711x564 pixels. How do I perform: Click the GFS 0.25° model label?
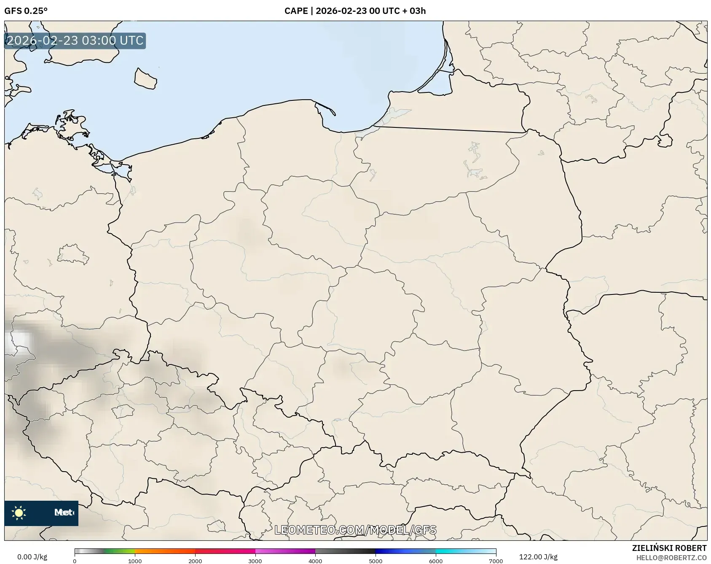26,11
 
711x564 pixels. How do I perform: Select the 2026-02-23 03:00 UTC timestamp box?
75,41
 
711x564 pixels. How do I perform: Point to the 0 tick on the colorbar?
75,561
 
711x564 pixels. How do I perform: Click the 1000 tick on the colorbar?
135,561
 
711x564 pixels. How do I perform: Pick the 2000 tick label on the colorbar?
195,561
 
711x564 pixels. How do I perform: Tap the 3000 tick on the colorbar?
255,561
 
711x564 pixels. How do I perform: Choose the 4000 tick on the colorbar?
315,561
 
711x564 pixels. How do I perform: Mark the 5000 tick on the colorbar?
376,561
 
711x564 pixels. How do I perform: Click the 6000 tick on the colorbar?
436,561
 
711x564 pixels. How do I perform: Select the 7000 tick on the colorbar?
496,561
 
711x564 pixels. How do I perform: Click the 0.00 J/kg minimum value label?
32,557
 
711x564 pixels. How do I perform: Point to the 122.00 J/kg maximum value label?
538,557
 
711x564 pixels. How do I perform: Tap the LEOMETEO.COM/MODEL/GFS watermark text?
355,530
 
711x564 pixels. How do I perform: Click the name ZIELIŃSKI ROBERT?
669,548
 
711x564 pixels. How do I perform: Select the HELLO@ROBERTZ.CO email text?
671,558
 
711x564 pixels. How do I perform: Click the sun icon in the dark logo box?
19,513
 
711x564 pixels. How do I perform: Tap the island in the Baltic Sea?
145,79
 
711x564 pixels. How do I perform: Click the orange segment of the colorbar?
164,551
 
